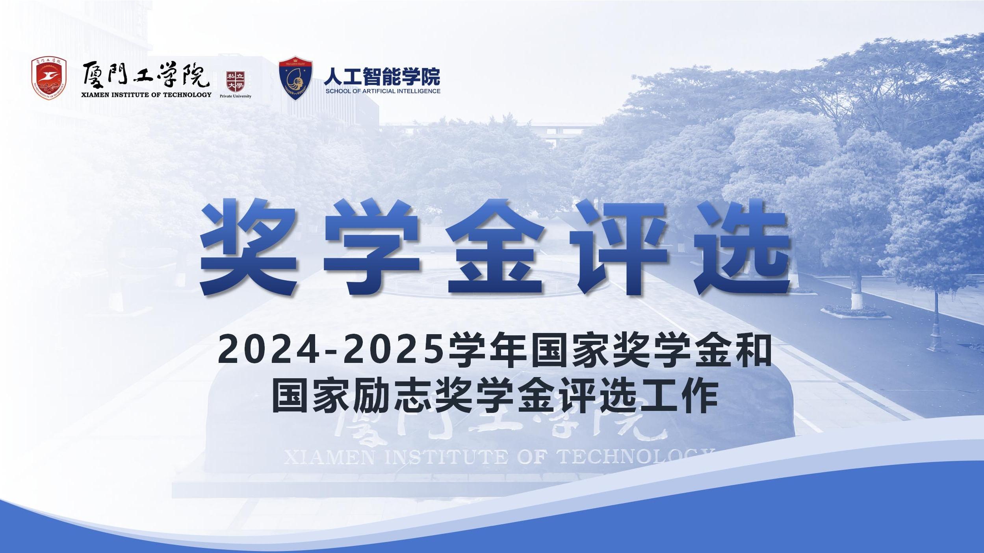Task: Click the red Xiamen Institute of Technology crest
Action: [x=49, y=79]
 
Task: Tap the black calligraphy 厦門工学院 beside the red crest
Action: [x=146, y=75]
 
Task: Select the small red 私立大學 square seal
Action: [x=236, y=81]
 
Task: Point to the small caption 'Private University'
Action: [x=236, y=96]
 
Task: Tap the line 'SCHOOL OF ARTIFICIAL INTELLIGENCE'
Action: [x=383, y=91]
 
